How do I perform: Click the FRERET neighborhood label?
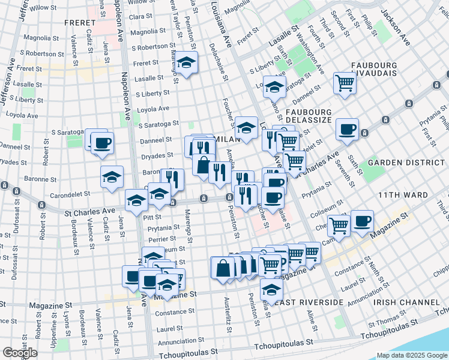[79, 22]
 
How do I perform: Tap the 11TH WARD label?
[403, 195]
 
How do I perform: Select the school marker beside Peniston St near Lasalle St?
[187, 62]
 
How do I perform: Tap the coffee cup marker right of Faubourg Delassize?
[347, 130]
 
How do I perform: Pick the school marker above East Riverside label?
[271, 290]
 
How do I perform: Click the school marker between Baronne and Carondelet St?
[112, 178]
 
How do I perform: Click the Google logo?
[20, 352]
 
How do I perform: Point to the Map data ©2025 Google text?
[411, 355]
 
